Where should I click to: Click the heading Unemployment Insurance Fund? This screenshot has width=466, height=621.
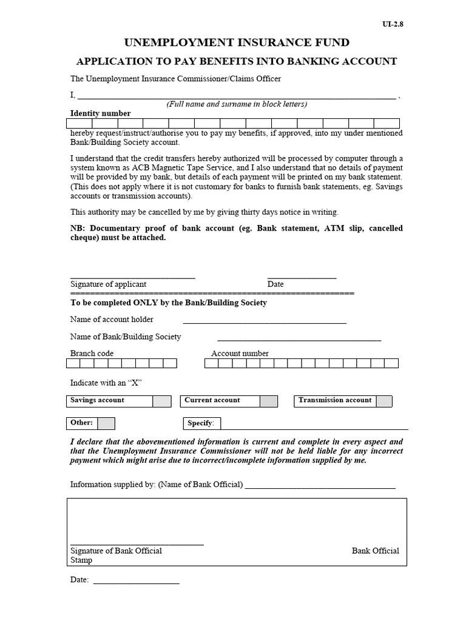pyautogui.click(x=237, y=42)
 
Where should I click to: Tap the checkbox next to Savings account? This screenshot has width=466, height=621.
pyautogui.click(x=161, y=401)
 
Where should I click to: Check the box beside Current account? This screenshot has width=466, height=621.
pyautogui.click(x=268, y=401)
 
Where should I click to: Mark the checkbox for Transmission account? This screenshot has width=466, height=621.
pyautogui.click(x=383, y=401)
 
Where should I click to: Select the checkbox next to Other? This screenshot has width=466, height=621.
pyautogui.click(x=106, y=423)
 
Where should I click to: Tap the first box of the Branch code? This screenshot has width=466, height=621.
pyautogui.click(x=73, y=363)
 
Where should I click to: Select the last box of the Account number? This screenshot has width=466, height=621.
pyautogui.click(x=392, y=363)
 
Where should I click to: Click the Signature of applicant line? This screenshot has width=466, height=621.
pyautogui.click(x=132, y=276)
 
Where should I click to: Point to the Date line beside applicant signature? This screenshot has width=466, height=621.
pyautogui.click(x=302, y=276)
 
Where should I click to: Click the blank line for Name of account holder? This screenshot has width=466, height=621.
pyautogui.click(x=265, y=321)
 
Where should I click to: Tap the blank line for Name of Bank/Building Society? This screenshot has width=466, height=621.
pyautogui.click(x=299, y=339)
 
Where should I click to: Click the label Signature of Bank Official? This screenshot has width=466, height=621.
pyautogui.click(x=116, y=551)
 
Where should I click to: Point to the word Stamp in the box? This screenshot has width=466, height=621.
pyautogui.click(x=81, y=560)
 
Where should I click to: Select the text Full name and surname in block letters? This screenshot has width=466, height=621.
pyautogui.click(x=237, y=104)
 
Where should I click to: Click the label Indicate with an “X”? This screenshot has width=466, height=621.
pyautogui.click(x=106, y=383)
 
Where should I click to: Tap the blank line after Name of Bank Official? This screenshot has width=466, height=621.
pyautogui.click(x=320, y=486)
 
